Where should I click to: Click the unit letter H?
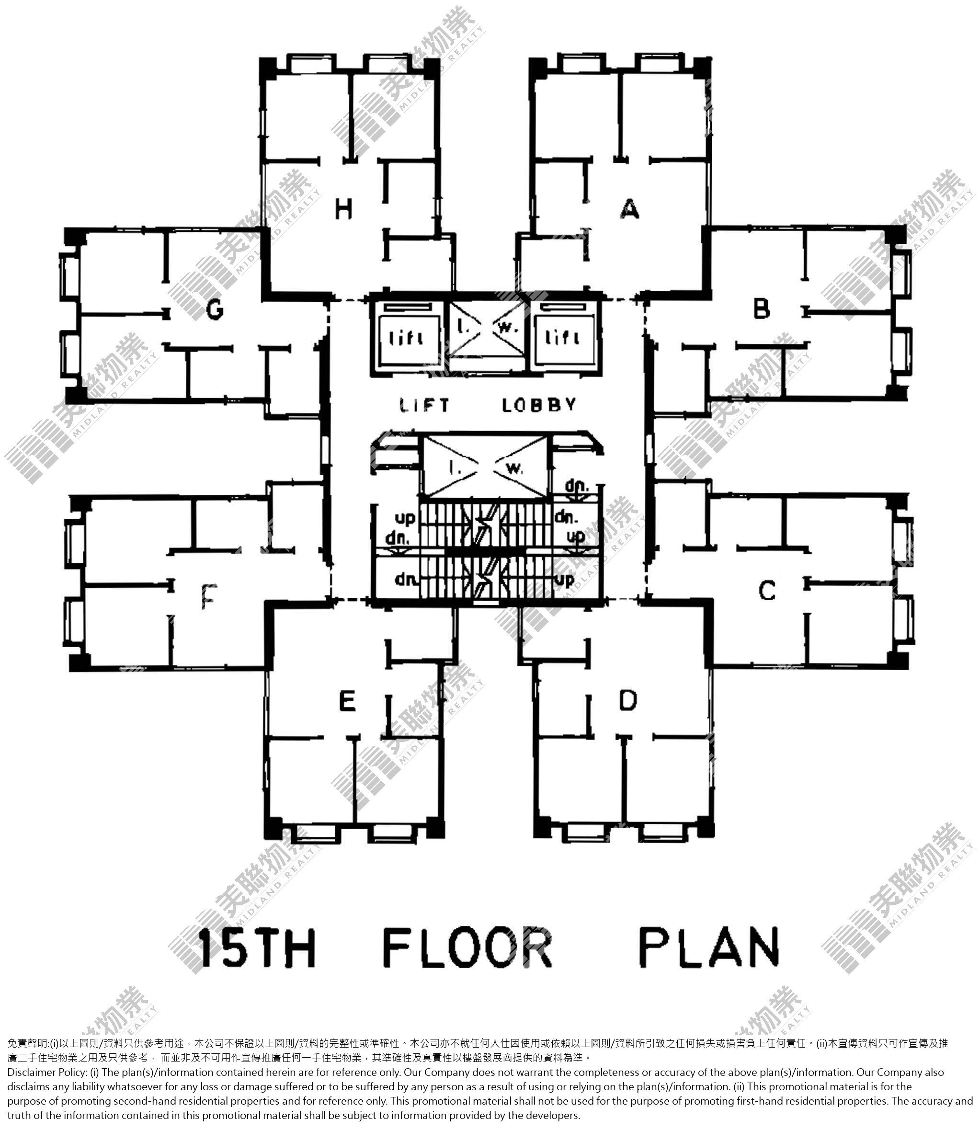point(343,209)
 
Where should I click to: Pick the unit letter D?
point(628,700)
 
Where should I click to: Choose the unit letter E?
point(347,701)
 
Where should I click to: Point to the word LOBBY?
point(539,405)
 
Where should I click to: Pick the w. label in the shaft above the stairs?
point(514,468)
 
